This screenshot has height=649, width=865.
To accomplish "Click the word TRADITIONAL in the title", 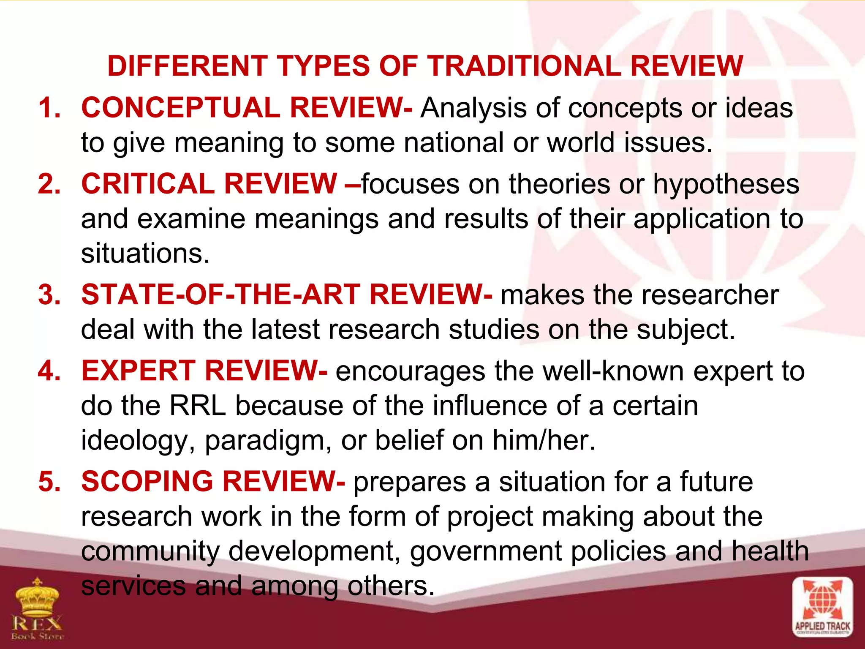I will coord(524,66).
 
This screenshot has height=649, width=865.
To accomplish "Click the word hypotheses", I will coord(726,185).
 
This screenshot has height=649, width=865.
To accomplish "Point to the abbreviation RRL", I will coord(197,406).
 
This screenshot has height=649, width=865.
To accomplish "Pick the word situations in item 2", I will coord(145,254).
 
